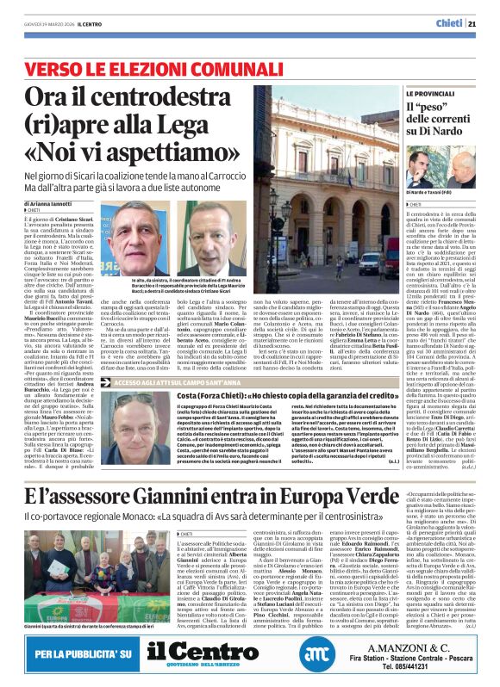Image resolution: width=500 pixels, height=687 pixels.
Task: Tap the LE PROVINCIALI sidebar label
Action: click(408, 93)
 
